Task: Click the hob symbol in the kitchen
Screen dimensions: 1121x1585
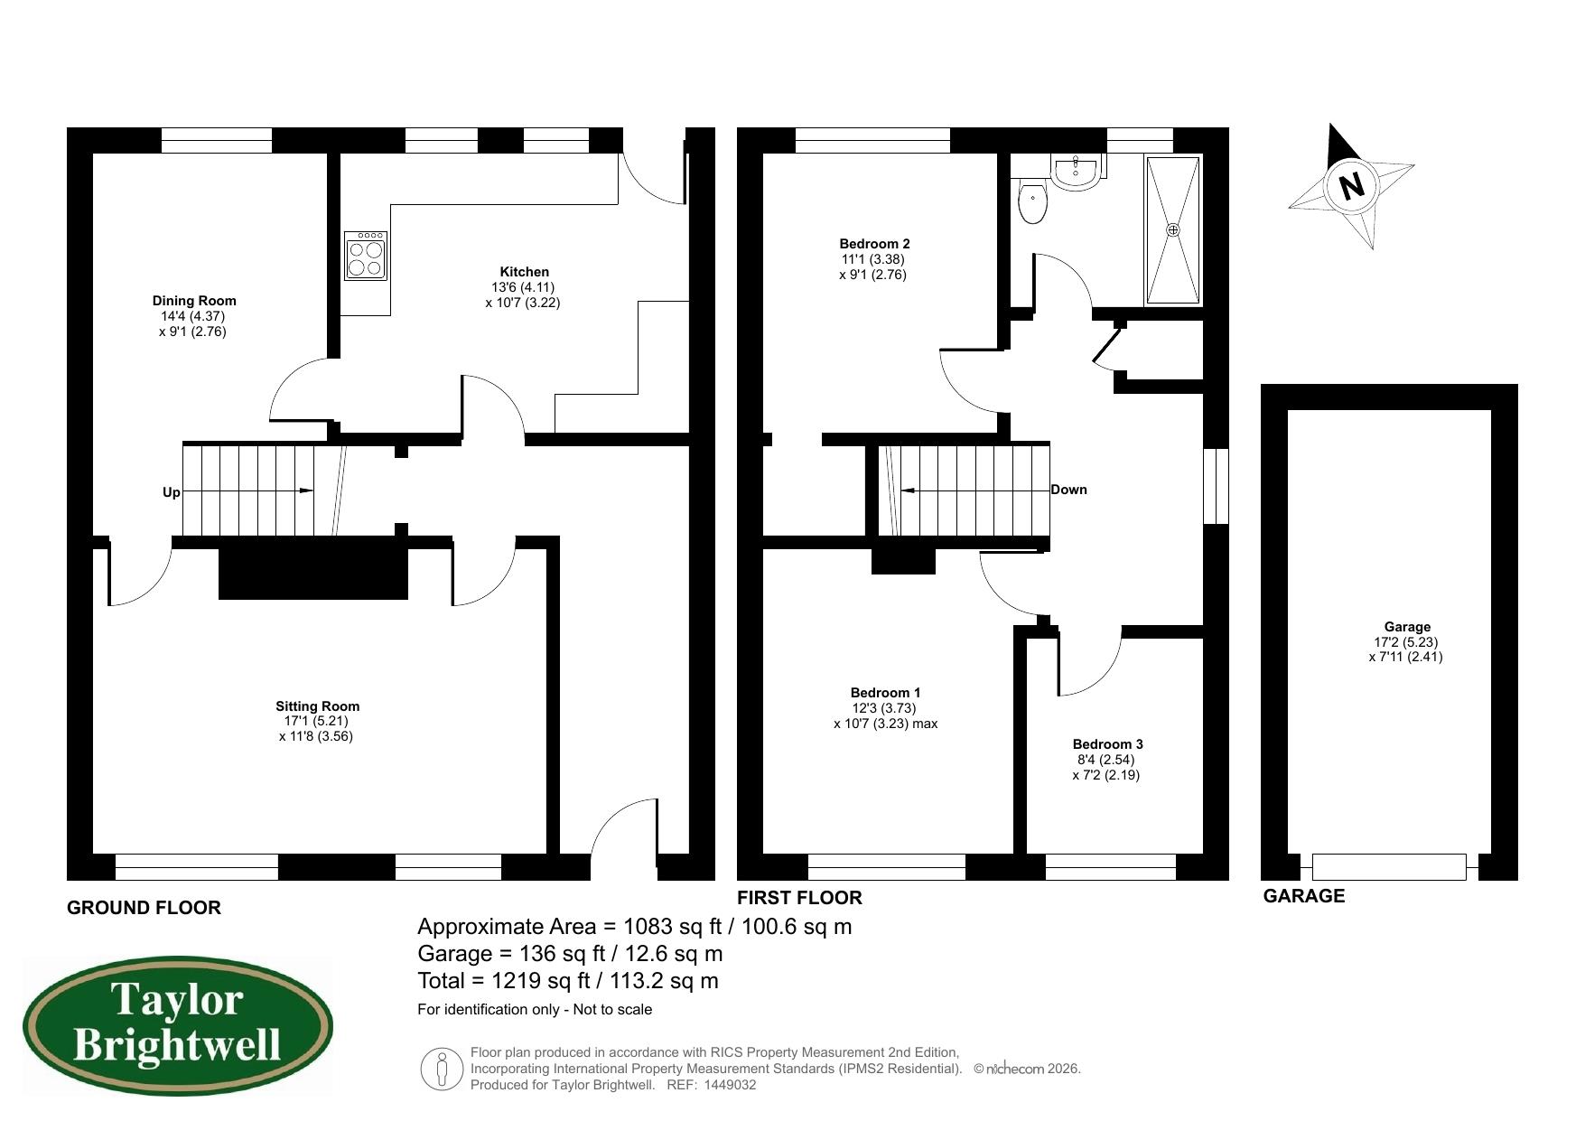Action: pyautogui.click(x=366, y=256)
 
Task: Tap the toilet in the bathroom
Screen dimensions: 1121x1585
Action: pyautogui.click(x=1031, y=202)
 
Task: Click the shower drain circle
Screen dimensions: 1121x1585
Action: pyautogui.click(x=1173, y=230)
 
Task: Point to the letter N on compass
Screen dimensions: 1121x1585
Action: pyautogui.click(x=1351, y=187)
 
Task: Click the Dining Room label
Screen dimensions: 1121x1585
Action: pyautogui.click(x=193, y=301)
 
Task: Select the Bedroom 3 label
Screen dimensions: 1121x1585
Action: pyautogui.click(x=1107, y=744)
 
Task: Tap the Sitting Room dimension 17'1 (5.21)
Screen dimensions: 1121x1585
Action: pyautogui.click(x=316, y=721)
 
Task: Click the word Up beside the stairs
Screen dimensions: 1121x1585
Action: pyautogui.click(x=171, y=492)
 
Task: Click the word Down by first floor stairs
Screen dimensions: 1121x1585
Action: pyautogui.click(x=1068, y=490)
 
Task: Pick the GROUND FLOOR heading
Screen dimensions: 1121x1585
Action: pyautogui.click(x=144, y=908)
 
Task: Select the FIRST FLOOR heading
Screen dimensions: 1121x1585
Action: pyautogui.click(x=799, y=898)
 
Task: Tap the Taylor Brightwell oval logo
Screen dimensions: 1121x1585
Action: pyautogui.click(x=177, y=1026)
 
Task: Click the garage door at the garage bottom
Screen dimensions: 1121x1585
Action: pyautogui.click(x=1388, y=867)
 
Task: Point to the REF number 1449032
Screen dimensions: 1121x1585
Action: pyautogui.click(x=728, y=1085)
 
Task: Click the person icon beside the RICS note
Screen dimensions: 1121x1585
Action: pyautogui.click(x=442, y=1069)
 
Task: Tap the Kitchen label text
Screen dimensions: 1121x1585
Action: pyautogui.click(x=524, y=272)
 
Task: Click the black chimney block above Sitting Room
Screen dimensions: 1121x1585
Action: pyautogui.click(x=312, y=568)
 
